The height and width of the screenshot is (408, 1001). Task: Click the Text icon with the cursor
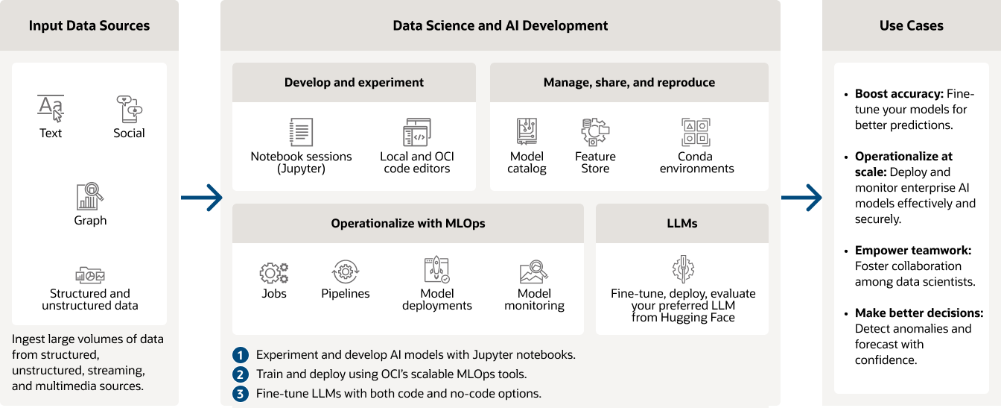pyautogui.click(x=51, y=108)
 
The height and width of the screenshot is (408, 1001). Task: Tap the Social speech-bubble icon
pyautogui.click(x=129, y=109)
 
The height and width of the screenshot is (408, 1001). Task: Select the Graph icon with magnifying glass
pyautogui.click(x=90, y=196)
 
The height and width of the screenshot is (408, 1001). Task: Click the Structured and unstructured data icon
pyautogui.click(x=90, y=274)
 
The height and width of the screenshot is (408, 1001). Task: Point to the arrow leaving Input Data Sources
pyautogui.click(x=202, y=198)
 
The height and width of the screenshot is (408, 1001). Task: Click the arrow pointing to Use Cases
pyautogui.click(x=801, y=198)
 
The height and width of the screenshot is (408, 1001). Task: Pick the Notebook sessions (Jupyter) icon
pyautogui.click(x=301, y=132)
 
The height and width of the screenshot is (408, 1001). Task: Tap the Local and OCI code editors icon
pyautogui.click(x=417, y=132)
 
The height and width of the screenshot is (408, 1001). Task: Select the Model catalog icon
pyautogui.click(x=527, y=131)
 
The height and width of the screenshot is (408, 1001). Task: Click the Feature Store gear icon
pyautogui.click(x=595, y=132)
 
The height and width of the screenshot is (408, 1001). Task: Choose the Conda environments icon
pyautogui.click(x=696, y=132)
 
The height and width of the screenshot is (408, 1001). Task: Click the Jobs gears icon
pyautogui.click(x=274, y=273)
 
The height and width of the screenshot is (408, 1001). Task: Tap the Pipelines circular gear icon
pyautogui.click(x=346, y=272)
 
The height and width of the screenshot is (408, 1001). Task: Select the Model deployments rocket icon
pyautogui.click(x=436, y=269)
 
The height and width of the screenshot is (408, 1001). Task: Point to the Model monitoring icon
pyautogui.click(x=534, y=272)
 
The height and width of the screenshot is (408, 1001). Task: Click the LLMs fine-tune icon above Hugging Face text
pyautogui.click(x=683, y=269)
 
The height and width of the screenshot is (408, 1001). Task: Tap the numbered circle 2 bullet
pyautogui.click(x=241, y=374)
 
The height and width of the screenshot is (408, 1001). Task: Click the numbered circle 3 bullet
pyautogui.click(x=241, y=394)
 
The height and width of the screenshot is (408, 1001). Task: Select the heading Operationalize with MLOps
pyautogui.click(x=408, y=223)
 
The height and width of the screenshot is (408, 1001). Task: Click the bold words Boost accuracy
pyautogui.click(x=899, y=94)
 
